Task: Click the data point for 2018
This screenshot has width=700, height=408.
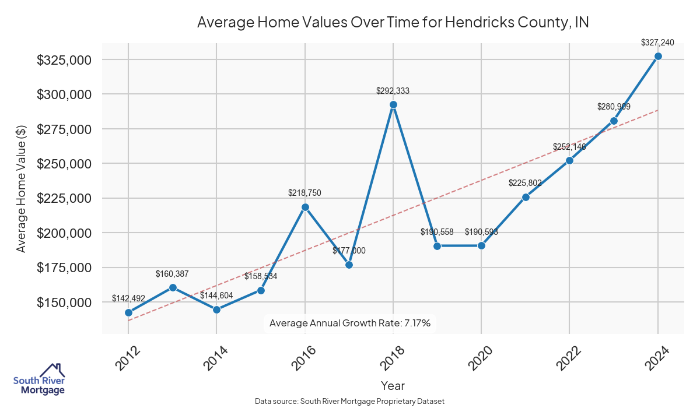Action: [x=393, y=105]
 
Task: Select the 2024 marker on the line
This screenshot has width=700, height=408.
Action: [x=658, y=57]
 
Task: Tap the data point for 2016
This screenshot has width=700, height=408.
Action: [x=304, y=207]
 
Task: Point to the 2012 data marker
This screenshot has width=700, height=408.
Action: [x=128, y=312]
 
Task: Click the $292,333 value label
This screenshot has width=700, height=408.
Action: [x=393, y=91]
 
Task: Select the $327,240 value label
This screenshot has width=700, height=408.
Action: [x=657, y=43]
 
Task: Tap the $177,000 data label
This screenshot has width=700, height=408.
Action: [x=349, y=251]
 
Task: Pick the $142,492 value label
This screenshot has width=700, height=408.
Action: [x=128, y=298]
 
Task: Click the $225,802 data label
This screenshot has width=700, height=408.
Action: [x=525, y=183]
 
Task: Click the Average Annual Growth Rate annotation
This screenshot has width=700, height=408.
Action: [x=350, y=323]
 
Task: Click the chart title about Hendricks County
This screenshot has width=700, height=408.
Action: [x=393, y=23]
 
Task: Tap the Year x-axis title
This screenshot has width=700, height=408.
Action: [x=393, y=386]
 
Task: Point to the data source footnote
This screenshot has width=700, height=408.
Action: [x=350, y=402]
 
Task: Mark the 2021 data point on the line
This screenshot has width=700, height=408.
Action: [x=526, y=197]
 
